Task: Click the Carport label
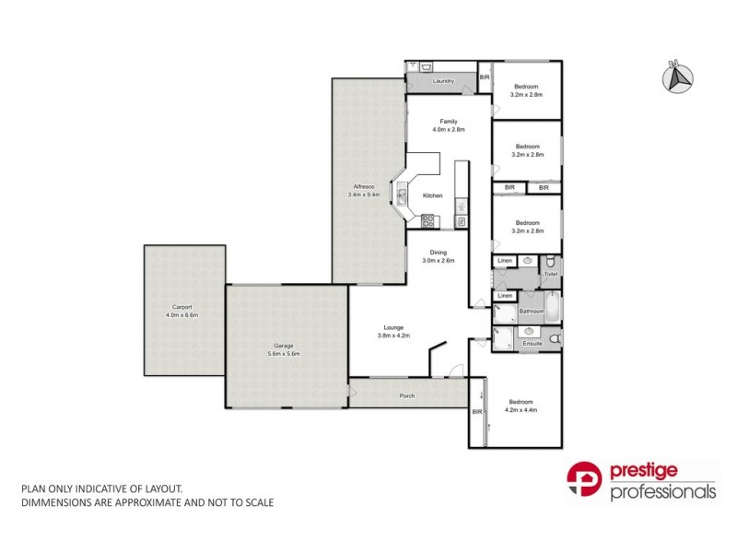(x=181, y=306)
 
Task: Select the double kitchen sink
(x=402, y=194)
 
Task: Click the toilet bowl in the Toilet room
(x=550, y=262)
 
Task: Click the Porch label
(x=406, y=395)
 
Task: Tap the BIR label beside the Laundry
(x=485, y=77)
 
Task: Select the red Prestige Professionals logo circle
(x=584, y=482)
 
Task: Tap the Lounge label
(x=392, y=328)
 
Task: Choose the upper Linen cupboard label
(x=505, y=262)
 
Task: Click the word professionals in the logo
(x=662, y=492)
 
